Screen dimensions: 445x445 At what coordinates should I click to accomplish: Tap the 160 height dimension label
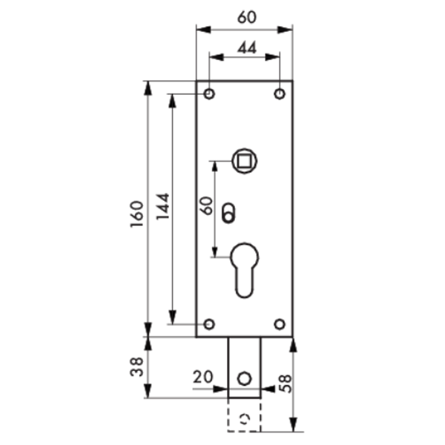pyautogui.click(x=136, y=214)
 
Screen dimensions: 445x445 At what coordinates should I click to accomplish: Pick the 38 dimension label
pyautogui.click(x=136, y=367)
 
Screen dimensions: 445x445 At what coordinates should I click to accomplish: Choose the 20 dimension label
pyautogui.click(x=202, y=377)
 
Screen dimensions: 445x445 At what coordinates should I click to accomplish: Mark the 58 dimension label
pyautogui.click(x=285, y=383)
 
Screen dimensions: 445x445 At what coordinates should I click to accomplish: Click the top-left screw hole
pyautogui.click(x=209, y=94)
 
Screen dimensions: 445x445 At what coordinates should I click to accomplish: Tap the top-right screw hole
pyautogui.click(x=280, y=94)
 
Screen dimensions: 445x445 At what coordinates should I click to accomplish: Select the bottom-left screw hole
pyautogui.click(x=209, y=324)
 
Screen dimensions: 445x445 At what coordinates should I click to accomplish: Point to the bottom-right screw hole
pyautogui.click(x=280, y=324)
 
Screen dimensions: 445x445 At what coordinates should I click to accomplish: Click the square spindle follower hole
pyautogui.click(x=244, y=159)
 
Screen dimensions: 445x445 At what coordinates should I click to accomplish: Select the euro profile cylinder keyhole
pyautogui.click(x=245, y=268)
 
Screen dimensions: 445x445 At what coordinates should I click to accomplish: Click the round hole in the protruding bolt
pyautogui.click(x=244, y=378)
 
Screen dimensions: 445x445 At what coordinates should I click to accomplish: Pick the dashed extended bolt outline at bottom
pyautogui.click(x=244, y=416)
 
